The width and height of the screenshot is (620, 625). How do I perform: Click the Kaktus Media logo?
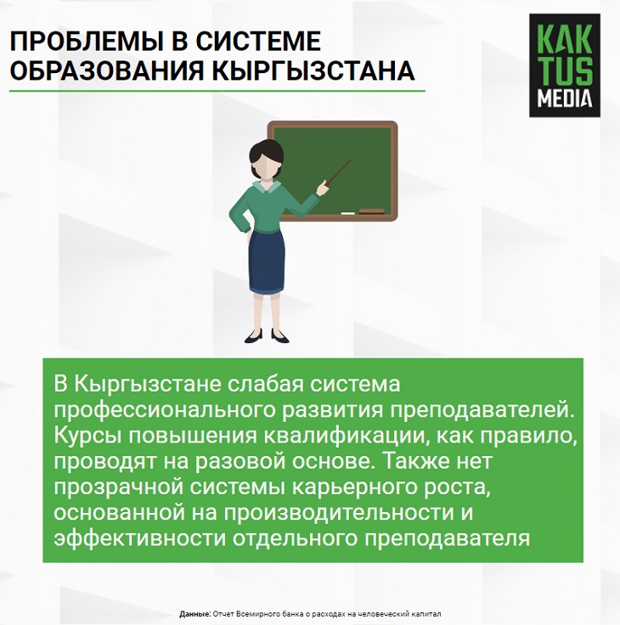pyautogui.click(x=565, y=65)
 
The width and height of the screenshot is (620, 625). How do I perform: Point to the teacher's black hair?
pyautogui.click(x=266, y=152)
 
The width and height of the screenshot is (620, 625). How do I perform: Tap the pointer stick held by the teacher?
pyautogui.click(x=337, y=172)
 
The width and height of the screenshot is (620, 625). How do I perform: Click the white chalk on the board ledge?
pyautogui.click(x=348, y=214)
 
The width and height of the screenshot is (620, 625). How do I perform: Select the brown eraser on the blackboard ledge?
pyautogui.click(x=372, y=211)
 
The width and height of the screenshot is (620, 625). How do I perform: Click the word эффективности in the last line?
pyautogui.click(x=140, y=538)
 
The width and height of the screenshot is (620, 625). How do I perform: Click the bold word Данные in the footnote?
pyautogui.click(x=195, y=614)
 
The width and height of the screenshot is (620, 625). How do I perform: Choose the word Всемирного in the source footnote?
pyautogui.click(x=253, y=614)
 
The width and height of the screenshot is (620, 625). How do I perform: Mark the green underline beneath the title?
pyautogui.click(x=217, y=91)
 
